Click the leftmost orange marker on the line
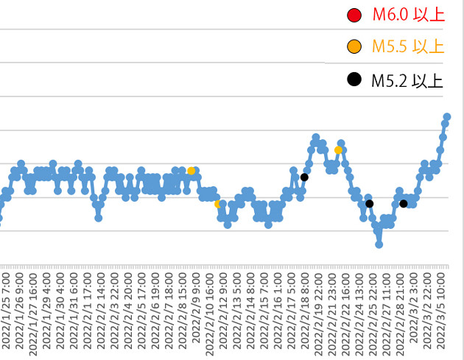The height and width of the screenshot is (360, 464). [191, 171]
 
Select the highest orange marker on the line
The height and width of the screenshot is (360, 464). [338, 150]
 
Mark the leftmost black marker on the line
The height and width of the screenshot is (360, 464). [304, 177]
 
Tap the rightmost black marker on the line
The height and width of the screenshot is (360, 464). [404, 203]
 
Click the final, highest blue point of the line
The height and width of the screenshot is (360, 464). [447, 117]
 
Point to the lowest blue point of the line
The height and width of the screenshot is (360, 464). [379, 244]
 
